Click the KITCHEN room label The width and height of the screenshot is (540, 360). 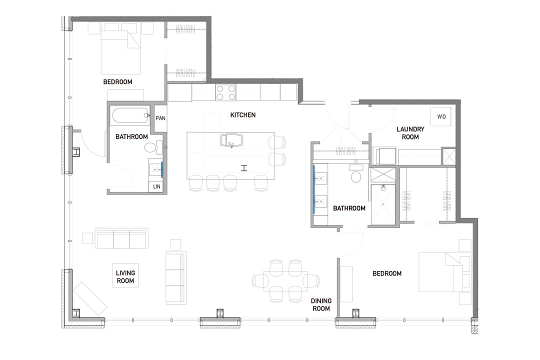click(x=243, y=115)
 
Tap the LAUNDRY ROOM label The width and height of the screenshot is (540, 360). click(x=410, y=133)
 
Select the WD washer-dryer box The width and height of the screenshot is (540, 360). click(x=441, y=117)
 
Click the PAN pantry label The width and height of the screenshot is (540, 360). click(x=160, y=118)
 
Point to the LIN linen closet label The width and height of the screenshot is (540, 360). click(x=156, y=186)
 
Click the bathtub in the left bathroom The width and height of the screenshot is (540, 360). click(x=130, y=116)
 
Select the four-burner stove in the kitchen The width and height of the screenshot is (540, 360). click(x=225, y=92)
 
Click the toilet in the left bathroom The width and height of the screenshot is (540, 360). click(x=152, y=147)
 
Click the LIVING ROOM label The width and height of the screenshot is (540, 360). click(x=125, y=276)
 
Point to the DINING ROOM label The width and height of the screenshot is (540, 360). click(x=321, y=305)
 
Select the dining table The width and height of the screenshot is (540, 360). click(x=285, y=281)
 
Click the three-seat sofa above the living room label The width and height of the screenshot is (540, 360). click(x=121, y=238)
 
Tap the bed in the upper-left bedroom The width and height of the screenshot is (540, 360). click(x=120, y=52)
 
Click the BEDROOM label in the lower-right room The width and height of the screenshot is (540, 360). click(x=387, y=273)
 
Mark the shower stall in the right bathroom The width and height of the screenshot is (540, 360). click(x=383, y=204)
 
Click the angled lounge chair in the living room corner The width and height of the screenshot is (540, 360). click(x=90, y=298)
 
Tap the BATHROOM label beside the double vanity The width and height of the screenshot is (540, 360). click(x=349, y=208)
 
